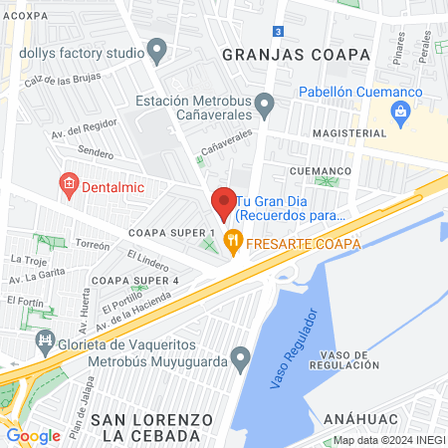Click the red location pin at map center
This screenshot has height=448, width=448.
click(224, 203)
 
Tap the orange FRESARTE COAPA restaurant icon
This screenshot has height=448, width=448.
click(234, 239)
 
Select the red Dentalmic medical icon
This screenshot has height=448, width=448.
click(69, 183)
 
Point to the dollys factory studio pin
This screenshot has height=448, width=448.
click(156, 49)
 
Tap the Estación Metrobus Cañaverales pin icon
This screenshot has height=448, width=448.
click(264, 103)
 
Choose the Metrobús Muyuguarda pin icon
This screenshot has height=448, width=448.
click(240, 356)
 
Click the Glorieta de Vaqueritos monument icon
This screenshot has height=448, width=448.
click(45, 341)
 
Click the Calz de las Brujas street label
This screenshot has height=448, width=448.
click(64, 80)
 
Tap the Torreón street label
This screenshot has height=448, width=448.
click(92, 244)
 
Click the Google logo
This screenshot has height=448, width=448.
click(33, 435)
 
